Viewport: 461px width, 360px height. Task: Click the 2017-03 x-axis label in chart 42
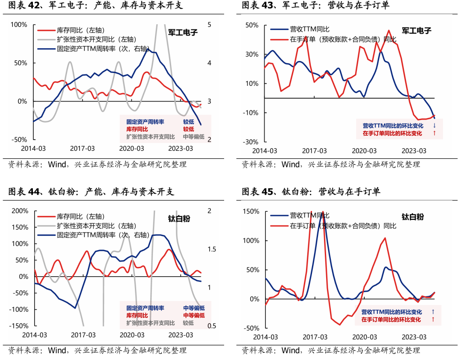82,149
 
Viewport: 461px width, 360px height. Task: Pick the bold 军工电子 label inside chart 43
417,31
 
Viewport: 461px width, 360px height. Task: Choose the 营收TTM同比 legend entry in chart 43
309,29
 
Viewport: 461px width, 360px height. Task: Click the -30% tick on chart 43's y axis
251,142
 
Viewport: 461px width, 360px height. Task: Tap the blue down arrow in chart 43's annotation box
435,126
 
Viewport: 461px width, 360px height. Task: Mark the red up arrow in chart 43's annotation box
435,133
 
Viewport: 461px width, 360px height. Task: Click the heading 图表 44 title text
91,192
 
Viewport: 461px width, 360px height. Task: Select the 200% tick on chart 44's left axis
18,211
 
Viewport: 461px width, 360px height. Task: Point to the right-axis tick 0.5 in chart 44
212,326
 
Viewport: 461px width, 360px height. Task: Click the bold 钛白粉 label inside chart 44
179,219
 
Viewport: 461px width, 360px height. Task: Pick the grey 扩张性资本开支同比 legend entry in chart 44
96,226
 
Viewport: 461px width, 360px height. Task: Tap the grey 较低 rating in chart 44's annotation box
188,323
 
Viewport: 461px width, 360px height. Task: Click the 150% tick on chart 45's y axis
251,211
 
